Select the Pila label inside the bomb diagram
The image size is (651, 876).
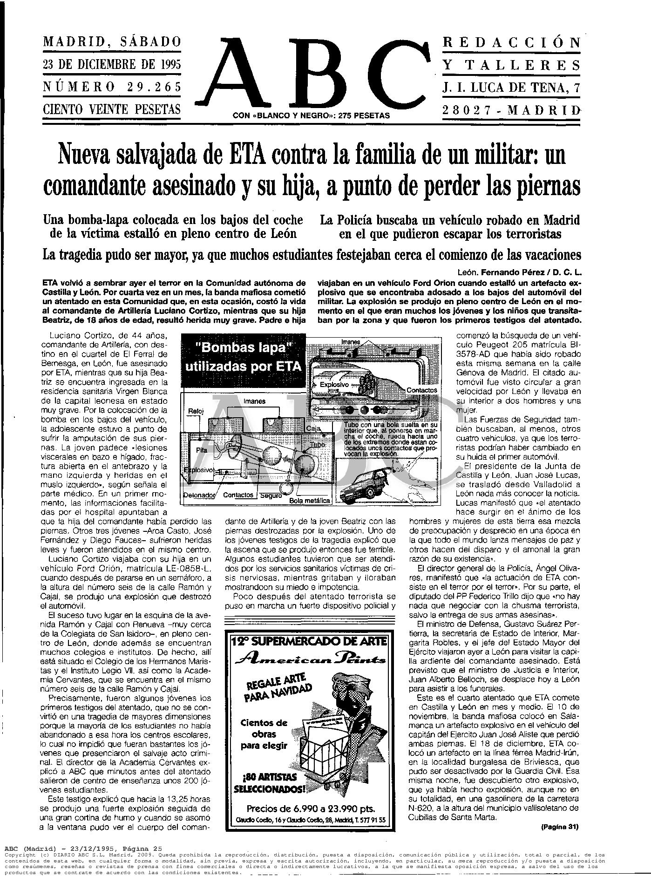pos(201,450)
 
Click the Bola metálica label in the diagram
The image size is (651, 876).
pos(310,501)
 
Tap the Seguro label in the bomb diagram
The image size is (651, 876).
pos(271,496)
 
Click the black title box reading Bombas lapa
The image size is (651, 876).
pos(243,357)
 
